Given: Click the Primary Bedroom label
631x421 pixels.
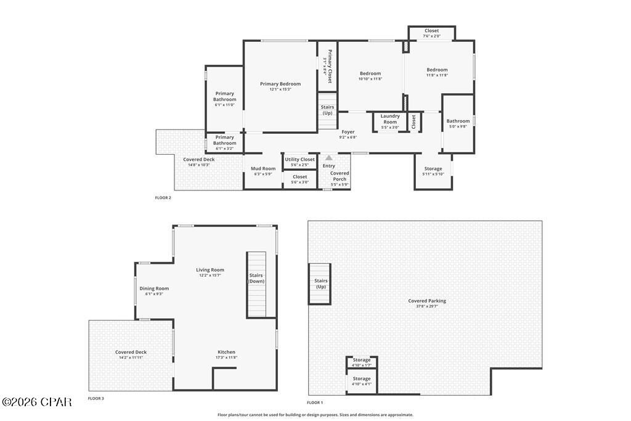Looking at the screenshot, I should [280, 84].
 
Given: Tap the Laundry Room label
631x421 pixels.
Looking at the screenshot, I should [390, 119].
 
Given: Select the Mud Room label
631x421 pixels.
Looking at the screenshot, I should [263, 168].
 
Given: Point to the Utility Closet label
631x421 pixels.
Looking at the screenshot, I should [299, 160].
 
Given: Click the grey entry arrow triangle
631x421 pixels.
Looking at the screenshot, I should [329, 158].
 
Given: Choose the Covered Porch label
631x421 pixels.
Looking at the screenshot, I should [340, 176].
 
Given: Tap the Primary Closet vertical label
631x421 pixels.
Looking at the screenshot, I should [329, 66].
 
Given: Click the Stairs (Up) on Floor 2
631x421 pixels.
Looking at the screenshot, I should [327, 110].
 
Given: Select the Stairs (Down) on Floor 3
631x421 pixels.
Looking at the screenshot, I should [256, 278].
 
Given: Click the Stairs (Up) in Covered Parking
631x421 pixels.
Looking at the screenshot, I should [321, 284].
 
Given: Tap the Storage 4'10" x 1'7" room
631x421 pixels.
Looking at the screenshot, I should [362, 362].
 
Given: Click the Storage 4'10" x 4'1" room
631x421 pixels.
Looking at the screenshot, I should [362, 381].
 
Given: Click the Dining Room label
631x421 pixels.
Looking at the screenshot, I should [153, 288].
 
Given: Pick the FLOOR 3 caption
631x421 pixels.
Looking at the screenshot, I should [96, 398].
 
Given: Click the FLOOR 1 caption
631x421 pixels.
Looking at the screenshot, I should [315, 402].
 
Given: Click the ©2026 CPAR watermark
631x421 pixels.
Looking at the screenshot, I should [37, 402].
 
